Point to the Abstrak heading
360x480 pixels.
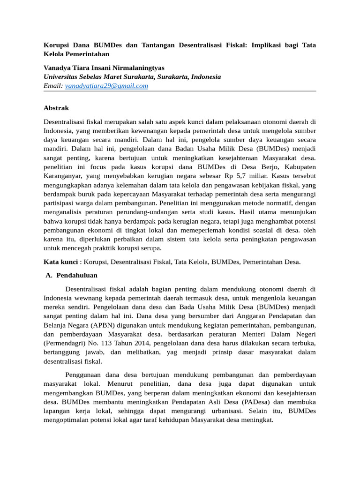pyautogui.click(x=56, y=108)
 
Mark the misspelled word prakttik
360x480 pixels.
pyautogui.click(x=117, y=248)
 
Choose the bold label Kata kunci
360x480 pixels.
pyautogui.click(x=60, y=262)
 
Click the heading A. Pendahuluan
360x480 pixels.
pyautogui.click(x=71, y=275)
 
